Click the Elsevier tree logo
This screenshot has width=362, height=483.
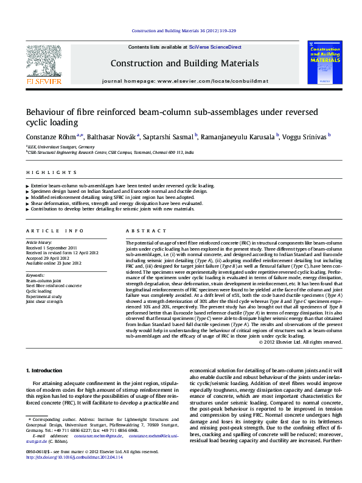[43, 61]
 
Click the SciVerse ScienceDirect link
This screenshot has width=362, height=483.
[215, 47]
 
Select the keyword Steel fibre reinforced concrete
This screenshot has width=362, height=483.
[54, 285]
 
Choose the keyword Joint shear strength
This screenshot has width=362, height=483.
[44, 301]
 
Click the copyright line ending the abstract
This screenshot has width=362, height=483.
[300, 342]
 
